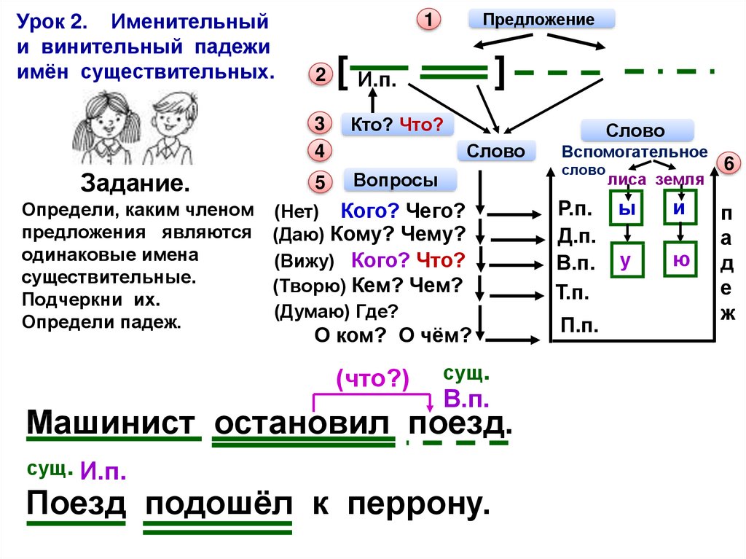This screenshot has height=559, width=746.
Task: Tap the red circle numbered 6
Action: [726, 165]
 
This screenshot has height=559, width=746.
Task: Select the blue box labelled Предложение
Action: [541, 20]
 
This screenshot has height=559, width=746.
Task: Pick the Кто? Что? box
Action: [397, 125]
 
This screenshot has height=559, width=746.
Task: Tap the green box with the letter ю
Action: [680, 259]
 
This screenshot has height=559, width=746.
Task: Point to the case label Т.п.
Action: [573, 294]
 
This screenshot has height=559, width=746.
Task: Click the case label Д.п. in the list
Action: [577, 236]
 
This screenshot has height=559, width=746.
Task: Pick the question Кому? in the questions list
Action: [357, 234]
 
